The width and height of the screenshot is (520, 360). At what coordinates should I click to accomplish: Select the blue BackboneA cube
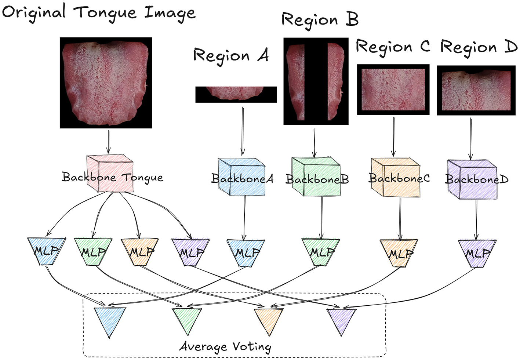click(242, 177)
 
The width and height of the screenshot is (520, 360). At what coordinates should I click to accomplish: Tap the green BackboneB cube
click(316, 177)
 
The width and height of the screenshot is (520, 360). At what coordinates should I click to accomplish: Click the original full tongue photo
click(106, 83)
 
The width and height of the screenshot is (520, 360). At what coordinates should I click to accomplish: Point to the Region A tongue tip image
click(236, 94)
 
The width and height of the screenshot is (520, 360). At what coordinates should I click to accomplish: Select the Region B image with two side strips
click(316, 81)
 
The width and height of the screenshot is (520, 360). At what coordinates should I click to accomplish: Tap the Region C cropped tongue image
click(393, 90)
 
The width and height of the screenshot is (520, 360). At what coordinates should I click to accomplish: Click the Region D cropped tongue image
click(476, 90)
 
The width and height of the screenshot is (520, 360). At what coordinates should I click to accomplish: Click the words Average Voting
click(225, 346)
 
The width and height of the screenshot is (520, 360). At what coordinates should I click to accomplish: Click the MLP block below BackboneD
click(477, 252)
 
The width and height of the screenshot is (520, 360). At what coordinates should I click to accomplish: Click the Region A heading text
click(231, 56)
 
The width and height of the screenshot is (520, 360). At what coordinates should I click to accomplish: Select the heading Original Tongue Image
click(99, 12)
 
